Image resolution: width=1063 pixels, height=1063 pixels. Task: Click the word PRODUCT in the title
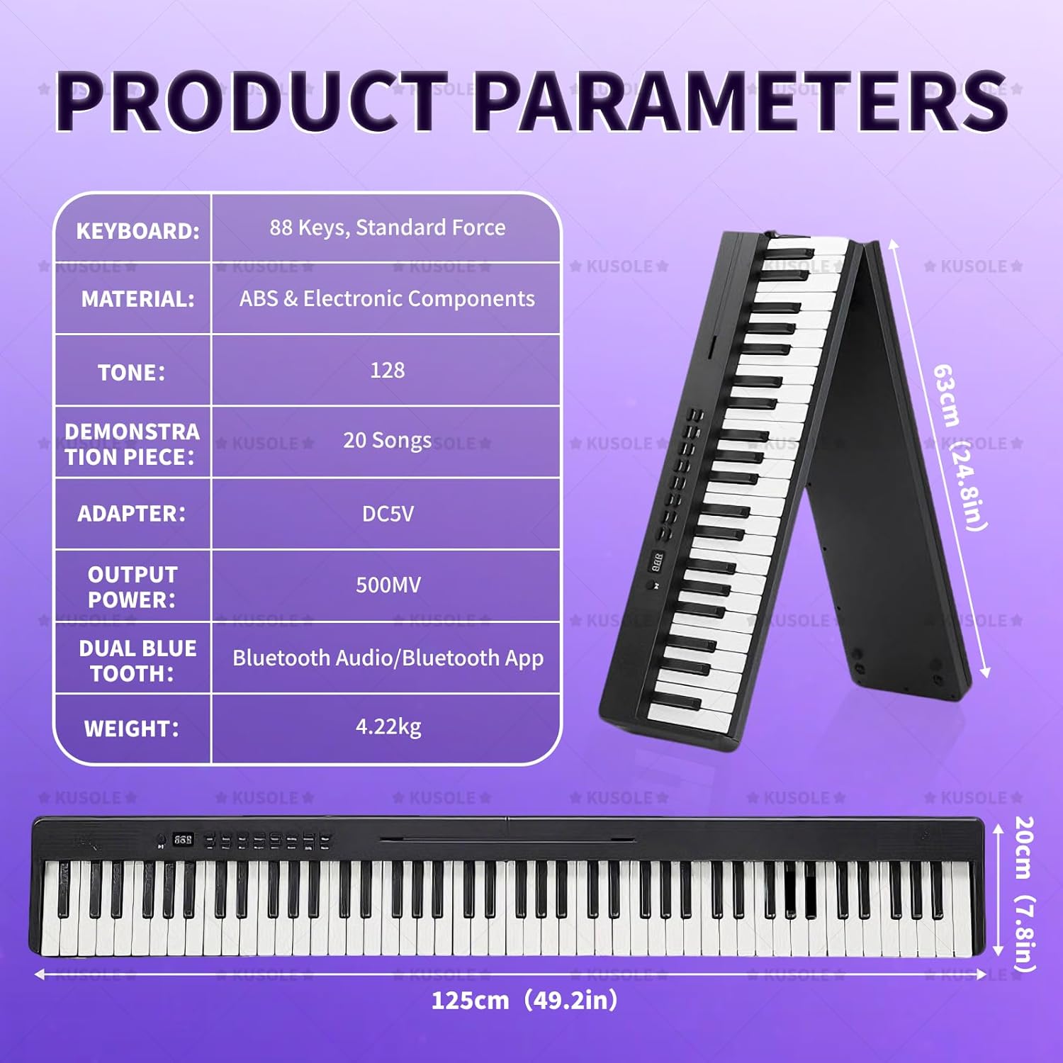point(252,101)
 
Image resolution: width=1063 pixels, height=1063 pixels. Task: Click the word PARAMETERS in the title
point(741,101)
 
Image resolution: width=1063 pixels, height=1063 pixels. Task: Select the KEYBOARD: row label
point(137,230)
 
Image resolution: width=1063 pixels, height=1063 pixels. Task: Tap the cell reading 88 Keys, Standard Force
point(387,227)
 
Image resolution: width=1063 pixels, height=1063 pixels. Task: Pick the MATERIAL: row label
point(137,299)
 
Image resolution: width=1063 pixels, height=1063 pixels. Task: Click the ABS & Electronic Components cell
point(387,299)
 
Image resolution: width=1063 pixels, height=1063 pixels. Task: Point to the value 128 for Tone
point(387,370)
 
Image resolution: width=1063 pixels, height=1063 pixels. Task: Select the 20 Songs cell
point(387,441)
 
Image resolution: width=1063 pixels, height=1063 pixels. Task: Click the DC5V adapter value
point(387,514)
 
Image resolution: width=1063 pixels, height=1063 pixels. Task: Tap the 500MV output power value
point(388,585)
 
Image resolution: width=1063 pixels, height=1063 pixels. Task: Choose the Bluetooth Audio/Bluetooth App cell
point(388,658)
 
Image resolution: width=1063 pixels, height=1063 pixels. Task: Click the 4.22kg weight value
point(388,727)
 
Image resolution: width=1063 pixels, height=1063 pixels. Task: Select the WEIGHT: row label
point(132,729)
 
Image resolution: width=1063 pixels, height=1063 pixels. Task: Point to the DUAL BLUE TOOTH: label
point(137,660)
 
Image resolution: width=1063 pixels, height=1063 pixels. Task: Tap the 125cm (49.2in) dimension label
point(524,1001)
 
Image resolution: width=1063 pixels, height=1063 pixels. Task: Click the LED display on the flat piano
point(183,839)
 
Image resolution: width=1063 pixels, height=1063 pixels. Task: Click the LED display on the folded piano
point(658,561)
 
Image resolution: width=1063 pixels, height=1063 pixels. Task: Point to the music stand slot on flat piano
point(507,840)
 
